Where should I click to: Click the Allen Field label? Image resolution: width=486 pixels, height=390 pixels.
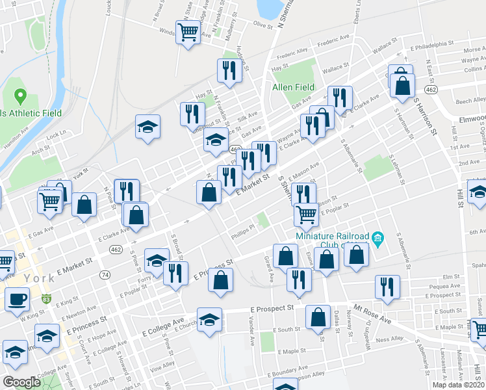(x=293, y=87)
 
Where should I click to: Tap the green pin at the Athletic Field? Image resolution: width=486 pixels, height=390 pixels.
(x=19, y=97)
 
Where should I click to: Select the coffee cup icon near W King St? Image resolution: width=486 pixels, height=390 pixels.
(x=17, y=299)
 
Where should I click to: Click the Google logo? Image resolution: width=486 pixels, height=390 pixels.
(x=21, y=382)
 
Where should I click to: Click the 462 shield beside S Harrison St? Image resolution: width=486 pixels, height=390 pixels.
(x=430, y=88)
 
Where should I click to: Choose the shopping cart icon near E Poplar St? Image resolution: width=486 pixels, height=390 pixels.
(x=306, y=213)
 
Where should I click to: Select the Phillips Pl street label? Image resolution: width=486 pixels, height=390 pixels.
(x=240, y=234)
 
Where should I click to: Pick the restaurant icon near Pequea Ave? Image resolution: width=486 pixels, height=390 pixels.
(x=387, y=287)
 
